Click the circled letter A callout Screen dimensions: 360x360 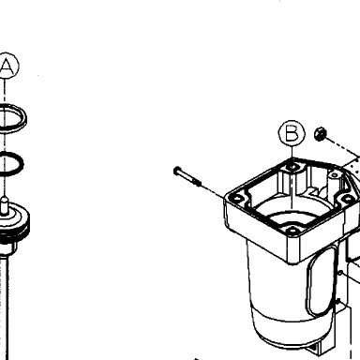click(x=7, y=66)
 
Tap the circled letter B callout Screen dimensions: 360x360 click(x=292, y=133)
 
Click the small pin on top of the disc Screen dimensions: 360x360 click(x=4, y=205)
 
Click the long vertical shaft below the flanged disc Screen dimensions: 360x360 click(x=5, y=307)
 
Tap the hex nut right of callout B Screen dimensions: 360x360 click(x=321, y=134)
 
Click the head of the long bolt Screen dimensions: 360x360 click(x=177, y=171)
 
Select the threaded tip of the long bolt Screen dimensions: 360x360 click(x=197, y=181)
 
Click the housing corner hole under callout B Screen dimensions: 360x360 click(x=292, y=167)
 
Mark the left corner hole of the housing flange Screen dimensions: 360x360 click(x=236, y=199)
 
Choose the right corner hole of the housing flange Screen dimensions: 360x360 click(x=346, y=198)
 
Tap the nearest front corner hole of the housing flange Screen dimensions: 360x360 click(x=292, y=231)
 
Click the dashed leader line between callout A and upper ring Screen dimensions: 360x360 click(x=5, y=92)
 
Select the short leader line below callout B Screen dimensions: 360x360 click(x=292, y=152)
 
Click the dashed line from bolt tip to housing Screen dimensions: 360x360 click(x=213, y=190)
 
